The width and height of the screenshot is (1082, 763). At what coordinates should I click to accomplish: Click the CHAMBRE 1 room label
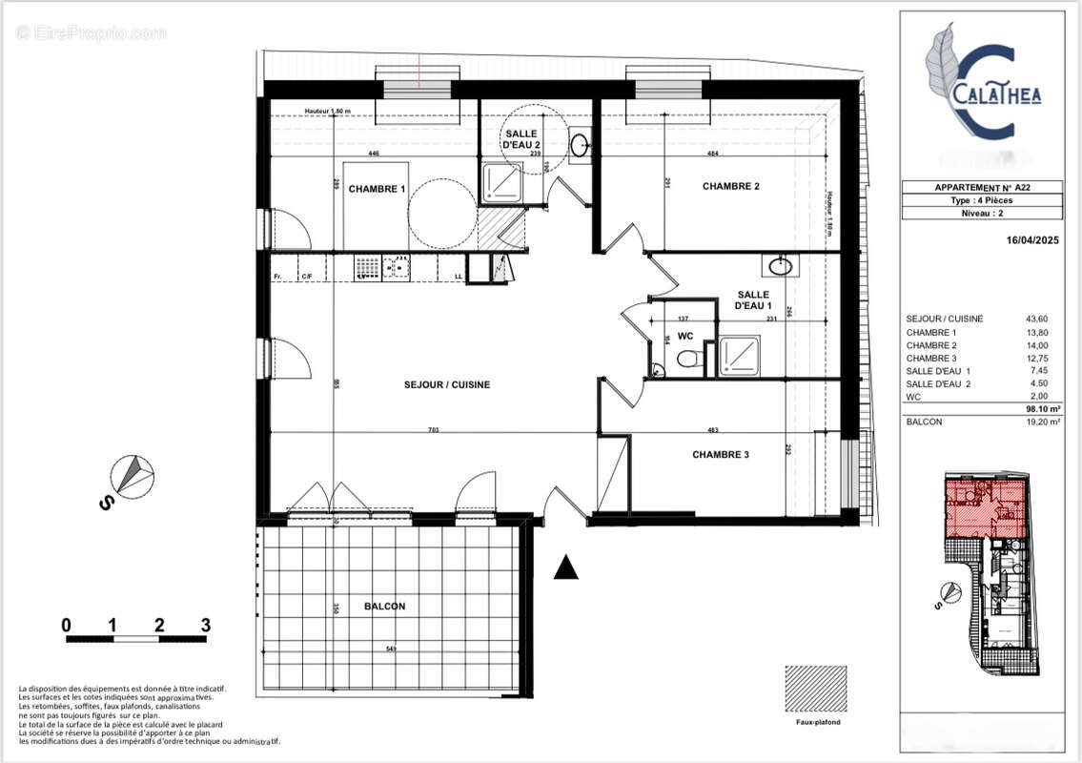pos(377,189)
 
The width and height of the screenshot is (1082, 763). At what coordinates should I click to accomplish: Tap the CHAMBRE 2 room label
pos(730,186)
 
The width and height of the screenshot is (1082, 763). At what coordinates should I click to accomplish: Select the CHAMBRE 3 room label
pos(720,455)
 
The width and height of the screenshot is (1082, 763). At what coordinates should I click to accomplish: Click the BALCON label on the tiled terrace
pos(384,606)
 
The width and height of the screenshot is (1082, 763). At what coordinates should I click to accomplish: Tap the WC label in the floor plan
pos(685,336)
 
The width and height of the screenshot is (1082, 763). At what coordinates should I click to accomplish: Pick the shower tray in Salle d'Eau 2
pos(501,181)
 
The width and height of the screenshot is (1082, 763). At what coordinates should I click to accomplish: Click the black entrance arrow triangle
pos(566,567)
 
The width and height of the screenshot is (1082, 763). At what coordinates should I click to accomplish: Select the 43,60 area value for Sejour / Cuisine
pos(1035,319)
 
